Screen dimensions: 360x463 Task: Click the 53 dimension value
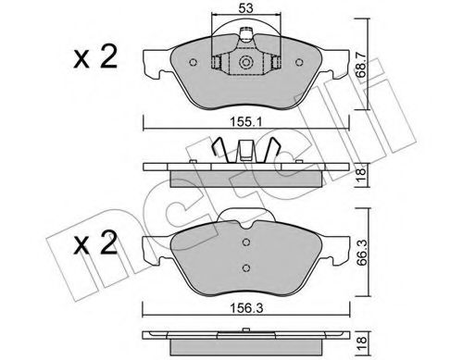pyautogui.click(x=245, y=8)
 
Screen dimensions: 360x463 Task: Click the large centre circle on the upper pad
pyautogui.click(x=245, y=64)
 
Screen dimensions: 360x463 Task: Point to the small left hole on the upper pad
pyautogui.click(x=193, y=64)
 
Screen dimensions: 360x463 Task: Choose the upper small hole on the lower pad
pyautogui.click(x=245, y=245)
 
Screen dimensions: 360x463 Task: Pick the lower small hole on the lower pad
pyautogui.click(x=245, y=267)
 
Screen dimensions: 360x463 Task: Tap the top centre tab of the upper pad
pyautogui.click(x=247, y=36)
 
